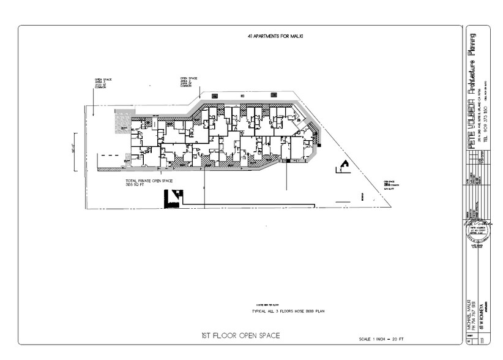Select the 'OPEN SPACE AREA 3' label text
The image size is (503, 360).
click(103, 83)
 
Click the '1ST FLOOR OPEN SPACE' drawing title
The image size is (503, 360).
click(241, 336)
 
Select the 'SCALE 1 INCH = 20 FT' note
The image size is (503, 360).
click(381, 339)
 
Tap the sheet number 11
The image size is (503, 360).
click(483, 339)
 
